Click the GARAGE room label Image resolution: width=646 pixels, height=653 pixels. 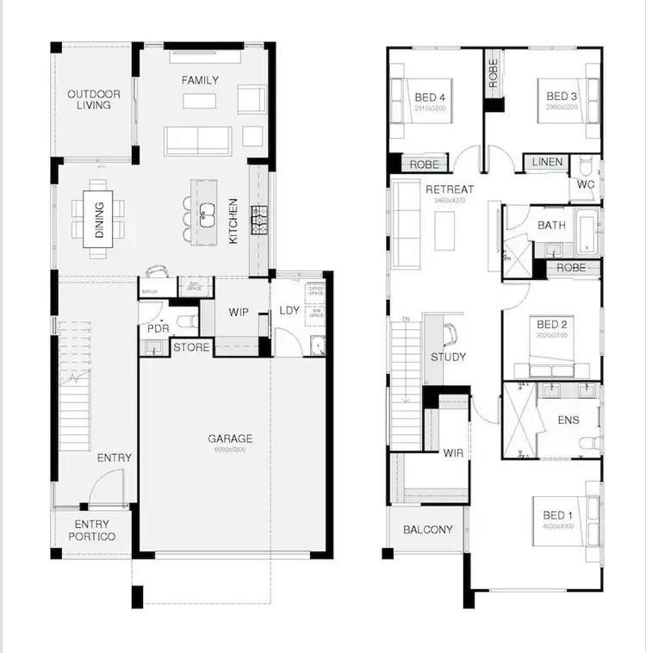(x=230, y=438)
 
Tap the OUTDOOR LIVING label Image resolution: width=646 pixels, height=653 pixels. (x=94, y=99)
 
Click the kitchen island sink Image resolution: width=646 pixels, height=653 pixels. (x=207, y=213)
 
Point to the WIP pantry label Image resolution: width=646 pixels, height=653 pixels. (x=239, y=312)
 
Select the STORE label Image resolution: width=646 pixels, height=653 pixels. (x=191, y=348)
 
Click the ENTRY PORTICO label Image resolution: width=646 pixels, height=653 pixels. (x=92, y=531)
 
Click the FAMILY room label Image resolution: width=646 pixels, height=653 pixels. (x=200, y=80)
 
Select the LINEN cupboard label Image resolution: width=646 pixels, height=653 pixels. (x=547, y=162)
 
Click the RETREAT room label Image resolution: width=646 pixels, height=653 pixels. (x=450, y=190)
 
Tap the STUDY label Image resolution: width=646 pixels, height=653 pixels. (x=449, y=357)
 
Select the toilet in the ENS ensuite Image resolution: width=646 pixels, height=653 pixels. (x=589, y=443)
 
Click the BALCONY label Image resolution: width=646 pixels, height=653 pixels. (x=428, y=530)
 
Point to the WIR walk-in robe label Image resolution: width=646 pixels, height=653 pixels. (x=453, y=452)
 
